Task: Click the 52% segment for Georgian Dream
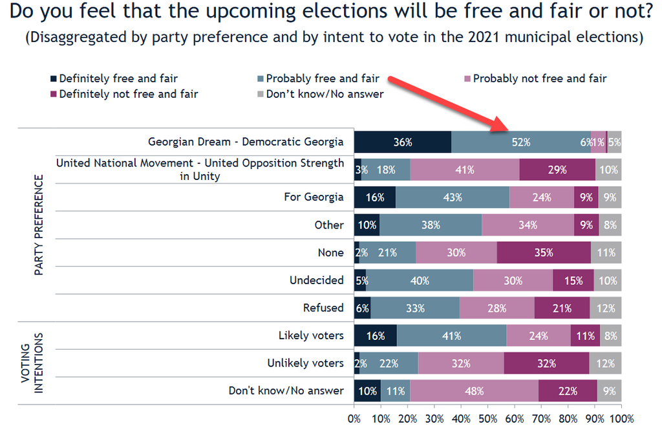[521, 142]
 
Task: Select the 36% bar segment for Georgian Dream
[402, 142]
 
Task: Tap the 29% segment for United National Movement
[557, 170]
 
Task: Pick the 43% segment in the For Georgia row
[453, 197]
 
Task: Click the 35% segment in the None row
[543, 252]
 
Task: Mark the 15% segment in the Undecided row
[573, 280]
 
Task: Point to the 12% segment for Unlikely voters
[605, 363]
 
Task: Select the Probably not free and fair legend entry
[540, 78]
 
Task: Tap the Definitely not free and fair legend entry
[128, 94]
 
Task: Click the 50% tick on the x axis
[488, 419]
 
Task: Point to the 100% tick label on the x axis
[621, 419]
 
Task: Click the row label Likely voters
[311, 335]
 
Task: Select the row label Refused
[323, 307]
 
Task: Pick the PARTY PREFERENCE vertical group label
[39, 225]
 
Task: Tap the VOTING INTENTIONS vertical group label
[33, 363]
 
